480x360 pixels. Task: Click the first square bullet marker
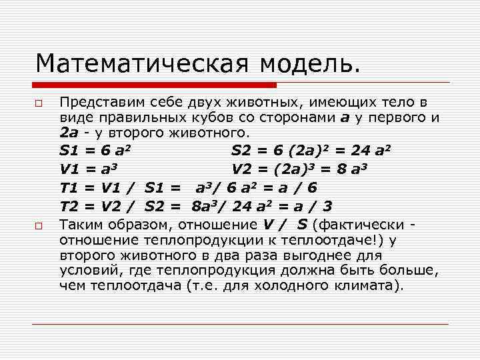pyautogui.click(x=39, y=104)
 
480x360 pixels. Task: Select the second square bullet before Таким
pyautogui.click(x=39, y=227)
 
